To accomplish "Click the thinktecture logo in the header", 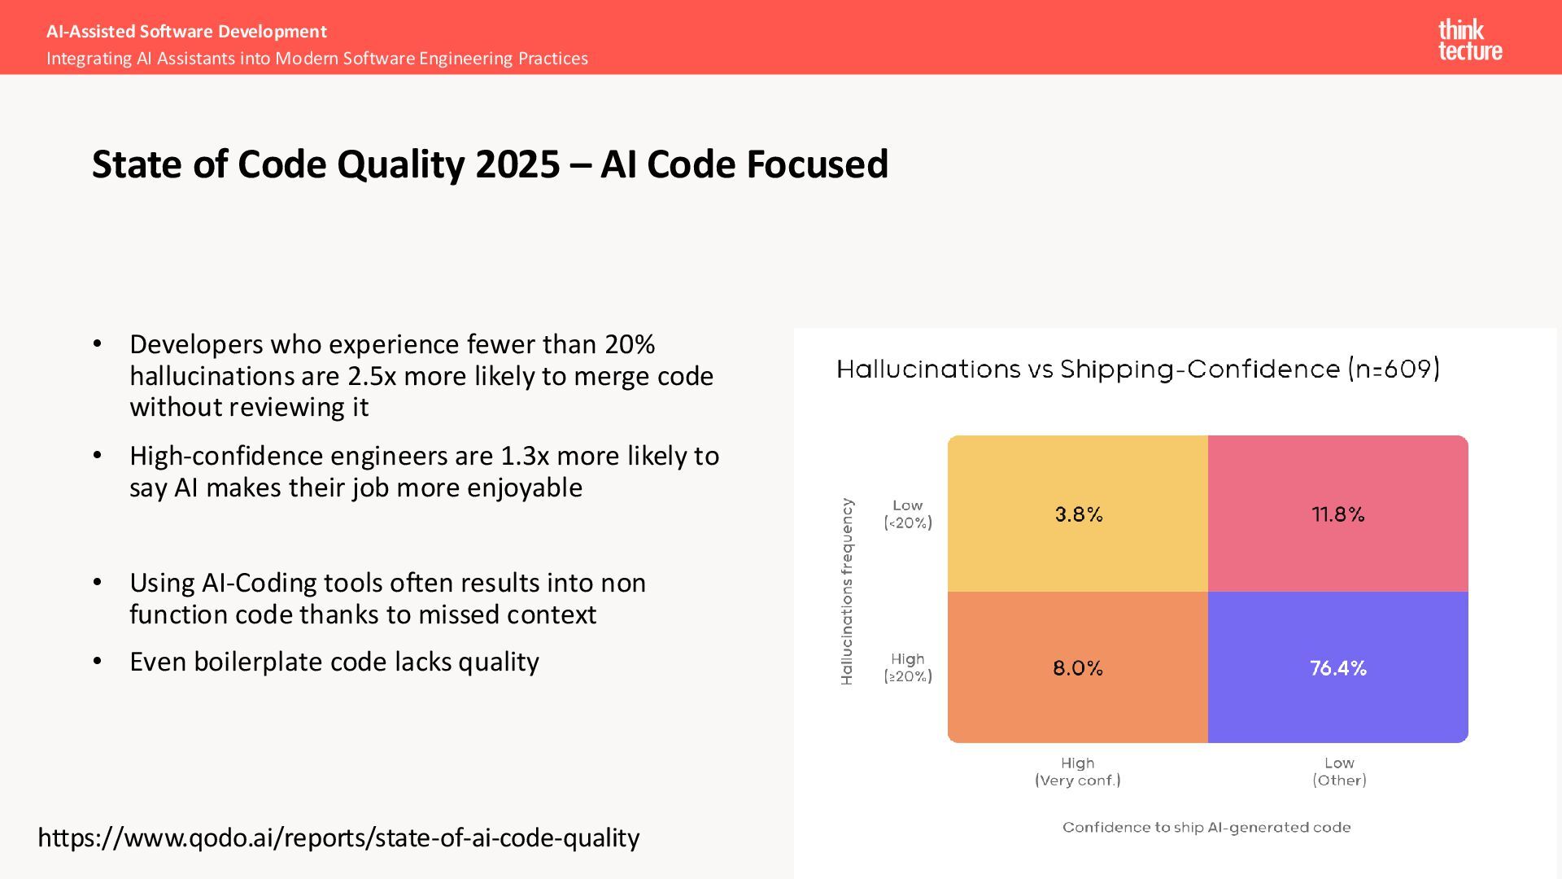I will [1469, 40].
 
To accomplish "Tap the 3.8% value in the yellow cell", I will [1078, 514].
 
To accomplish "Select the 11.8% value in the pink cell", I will [1337, 514].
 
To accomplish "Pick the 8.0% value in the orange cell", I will [1077, 668].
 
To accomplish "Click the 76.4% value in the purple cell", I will [1337, 668].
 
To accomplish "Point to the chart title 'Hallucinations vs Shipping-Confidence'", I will [1137, 370].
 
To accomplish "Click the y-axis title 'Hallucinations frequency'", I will [847, 592].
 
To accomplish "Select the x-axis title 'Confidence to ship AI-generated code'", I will [1206, 828].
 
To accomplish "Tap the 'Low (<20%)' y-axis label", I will [908, 514].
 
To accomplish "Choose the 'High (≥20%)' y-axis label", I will [908, 667].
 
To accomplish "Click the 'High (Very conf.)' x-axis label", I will [1077, 772].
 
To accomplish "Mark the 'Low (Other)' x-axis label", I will [1339, 772].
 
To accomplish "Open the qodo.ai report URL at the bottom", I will [338, 837].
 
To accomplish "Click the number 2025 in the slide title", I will [517, 164].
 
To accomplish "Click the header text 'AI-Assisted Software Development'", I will [186, 32].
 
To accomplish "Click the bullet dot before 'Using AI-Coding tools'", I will [98, 583].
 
